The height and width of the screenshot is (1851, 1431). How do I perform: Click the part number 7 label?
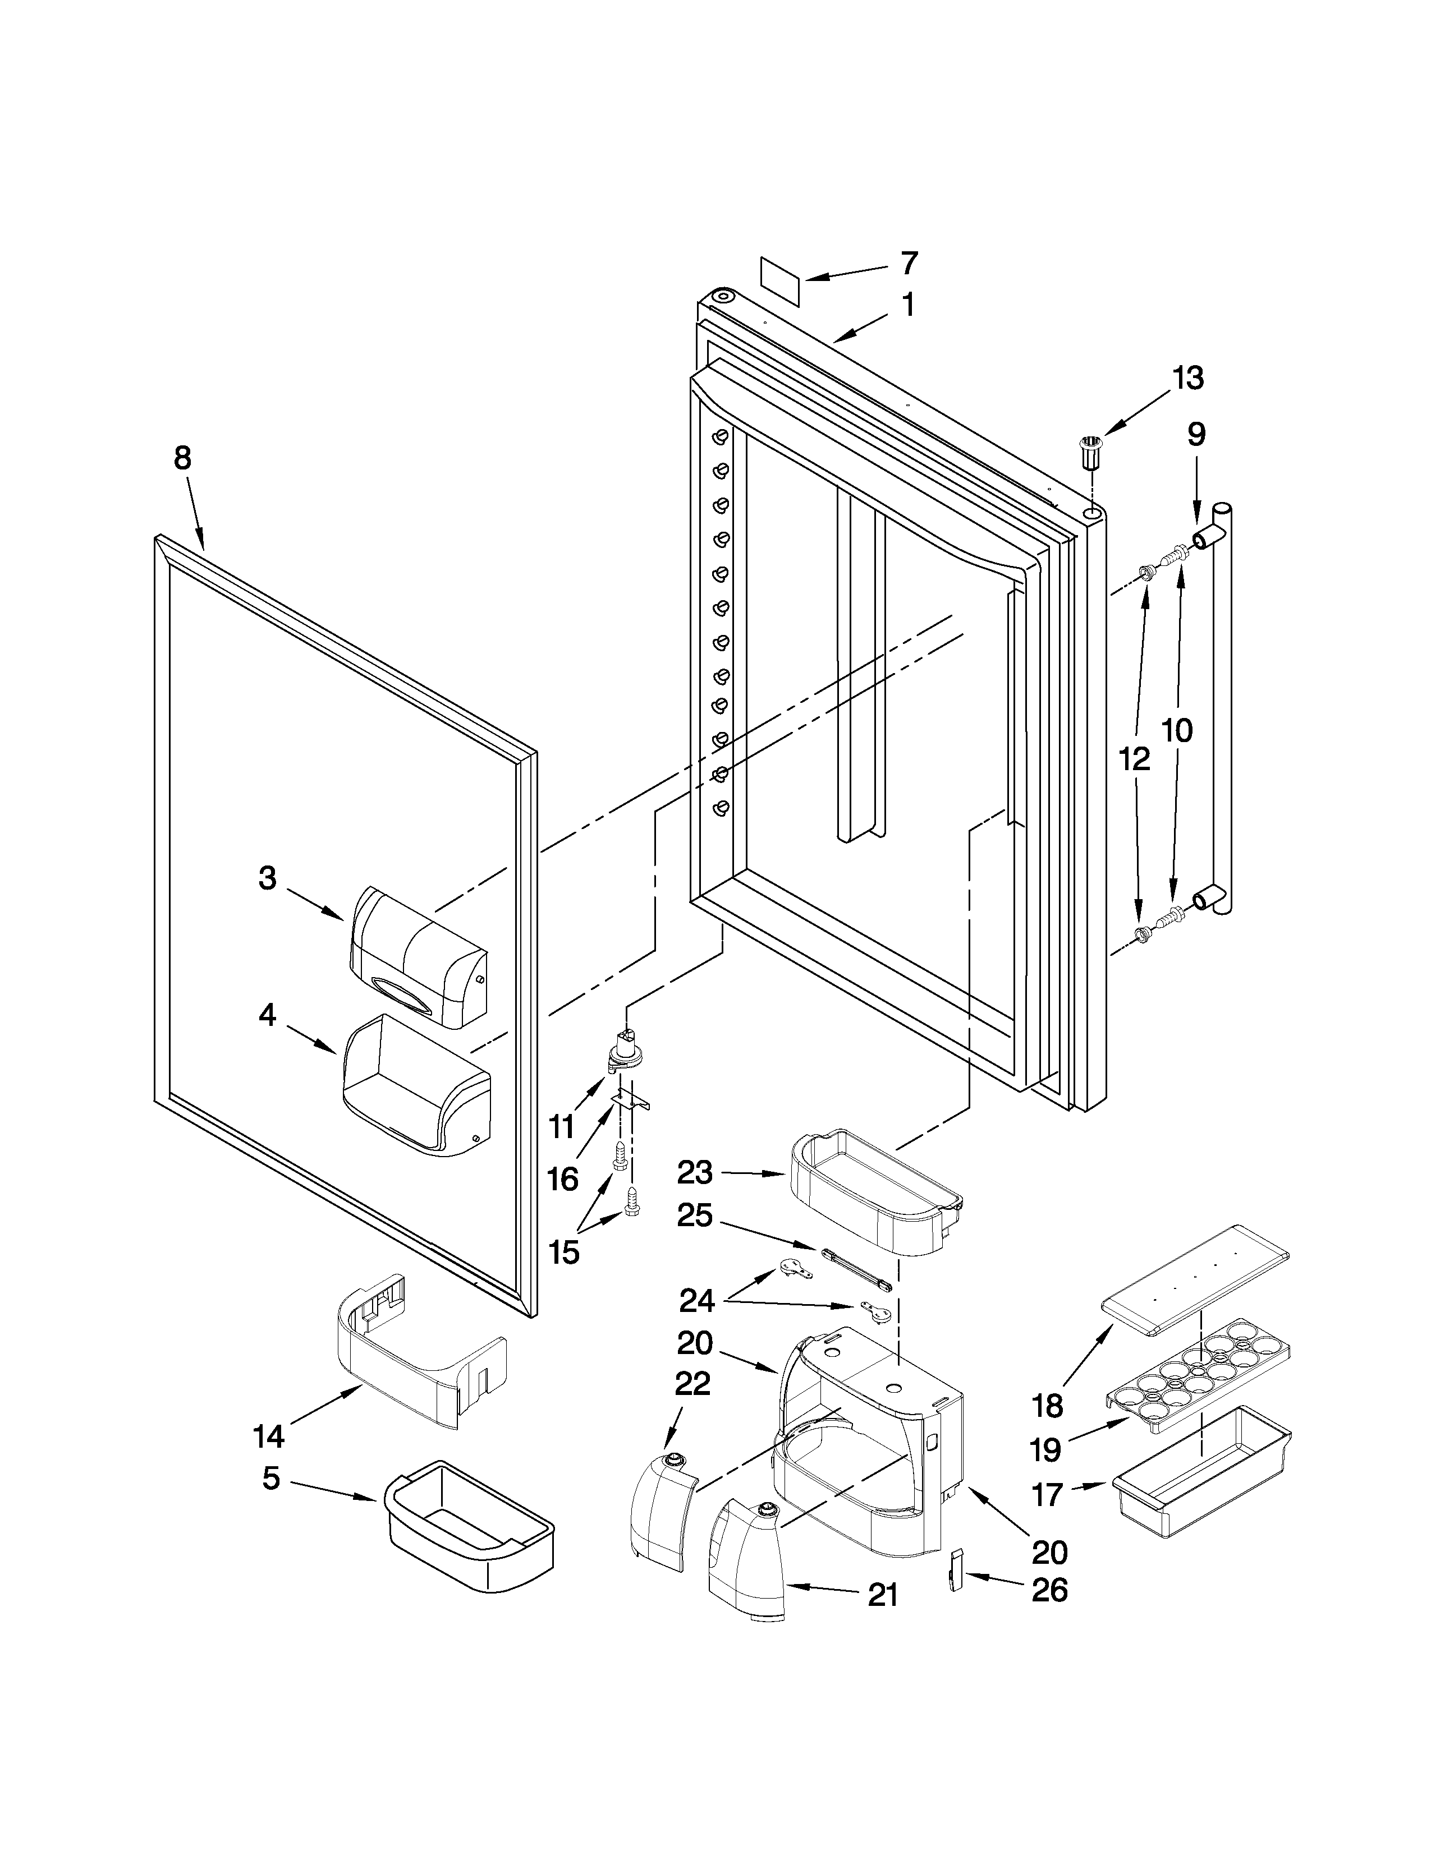[908, 264]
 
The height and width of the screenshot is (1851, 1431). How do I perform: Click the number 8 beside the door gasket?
[182, 458]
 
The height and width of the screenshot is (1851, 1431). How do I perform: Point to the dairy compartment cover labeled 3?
[419, 957]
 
